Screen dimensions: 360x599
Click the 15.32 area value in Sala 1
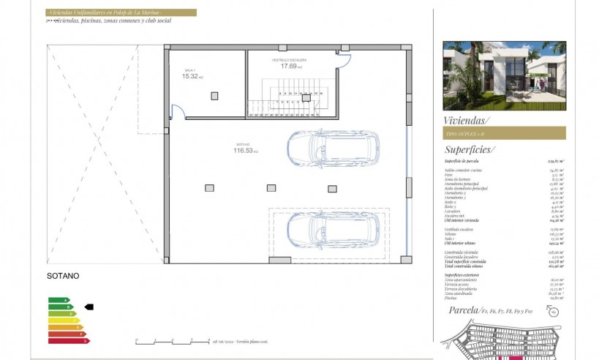[x=191, y=76]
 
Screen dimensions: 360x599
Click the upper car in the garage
[x=333, y=149]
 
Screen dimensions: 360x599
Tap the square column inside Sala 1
[x=214, y=96]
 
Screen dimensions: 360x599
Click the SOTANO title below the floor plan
[x=62, y=276]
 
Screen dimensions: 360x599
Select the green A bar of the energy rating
[x=59, y=300]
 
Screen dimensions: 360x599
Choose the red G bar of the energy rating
[x=67, y=340]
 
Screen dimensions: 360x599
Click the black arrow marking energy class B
[x=89, y=307]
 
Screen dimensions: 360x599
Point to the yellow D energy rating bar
[x=63, y=320]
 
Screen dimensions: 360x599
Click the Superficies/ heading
[x=469, y=149]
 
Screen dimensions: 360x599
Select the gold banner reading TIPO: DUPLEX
[x=505, y=132]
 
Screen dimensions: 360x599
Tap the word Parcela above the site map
[x=463, y=310]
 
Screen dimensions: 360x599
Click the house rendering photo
[x=504, y=75]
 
